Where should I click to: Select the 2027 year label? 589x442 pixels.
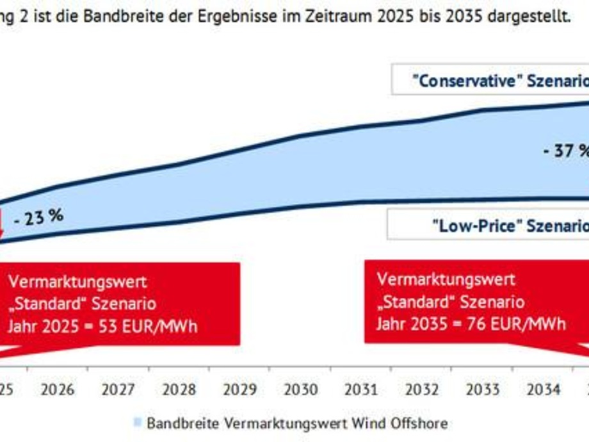[x=118, y=389]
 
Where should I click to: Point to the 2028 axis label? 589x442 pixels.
[x=179, y=389]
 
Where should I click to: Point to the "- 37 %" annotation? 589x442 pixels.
[x=565, y=151]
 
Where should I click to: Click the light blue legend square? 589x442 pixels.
[x=138, y=423]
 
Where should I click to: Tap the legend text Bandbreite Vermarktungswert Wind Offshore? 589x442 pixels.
[x=296, y=423]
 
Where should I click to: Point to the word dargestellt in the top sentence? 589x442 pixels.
[x=528, y=15]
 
